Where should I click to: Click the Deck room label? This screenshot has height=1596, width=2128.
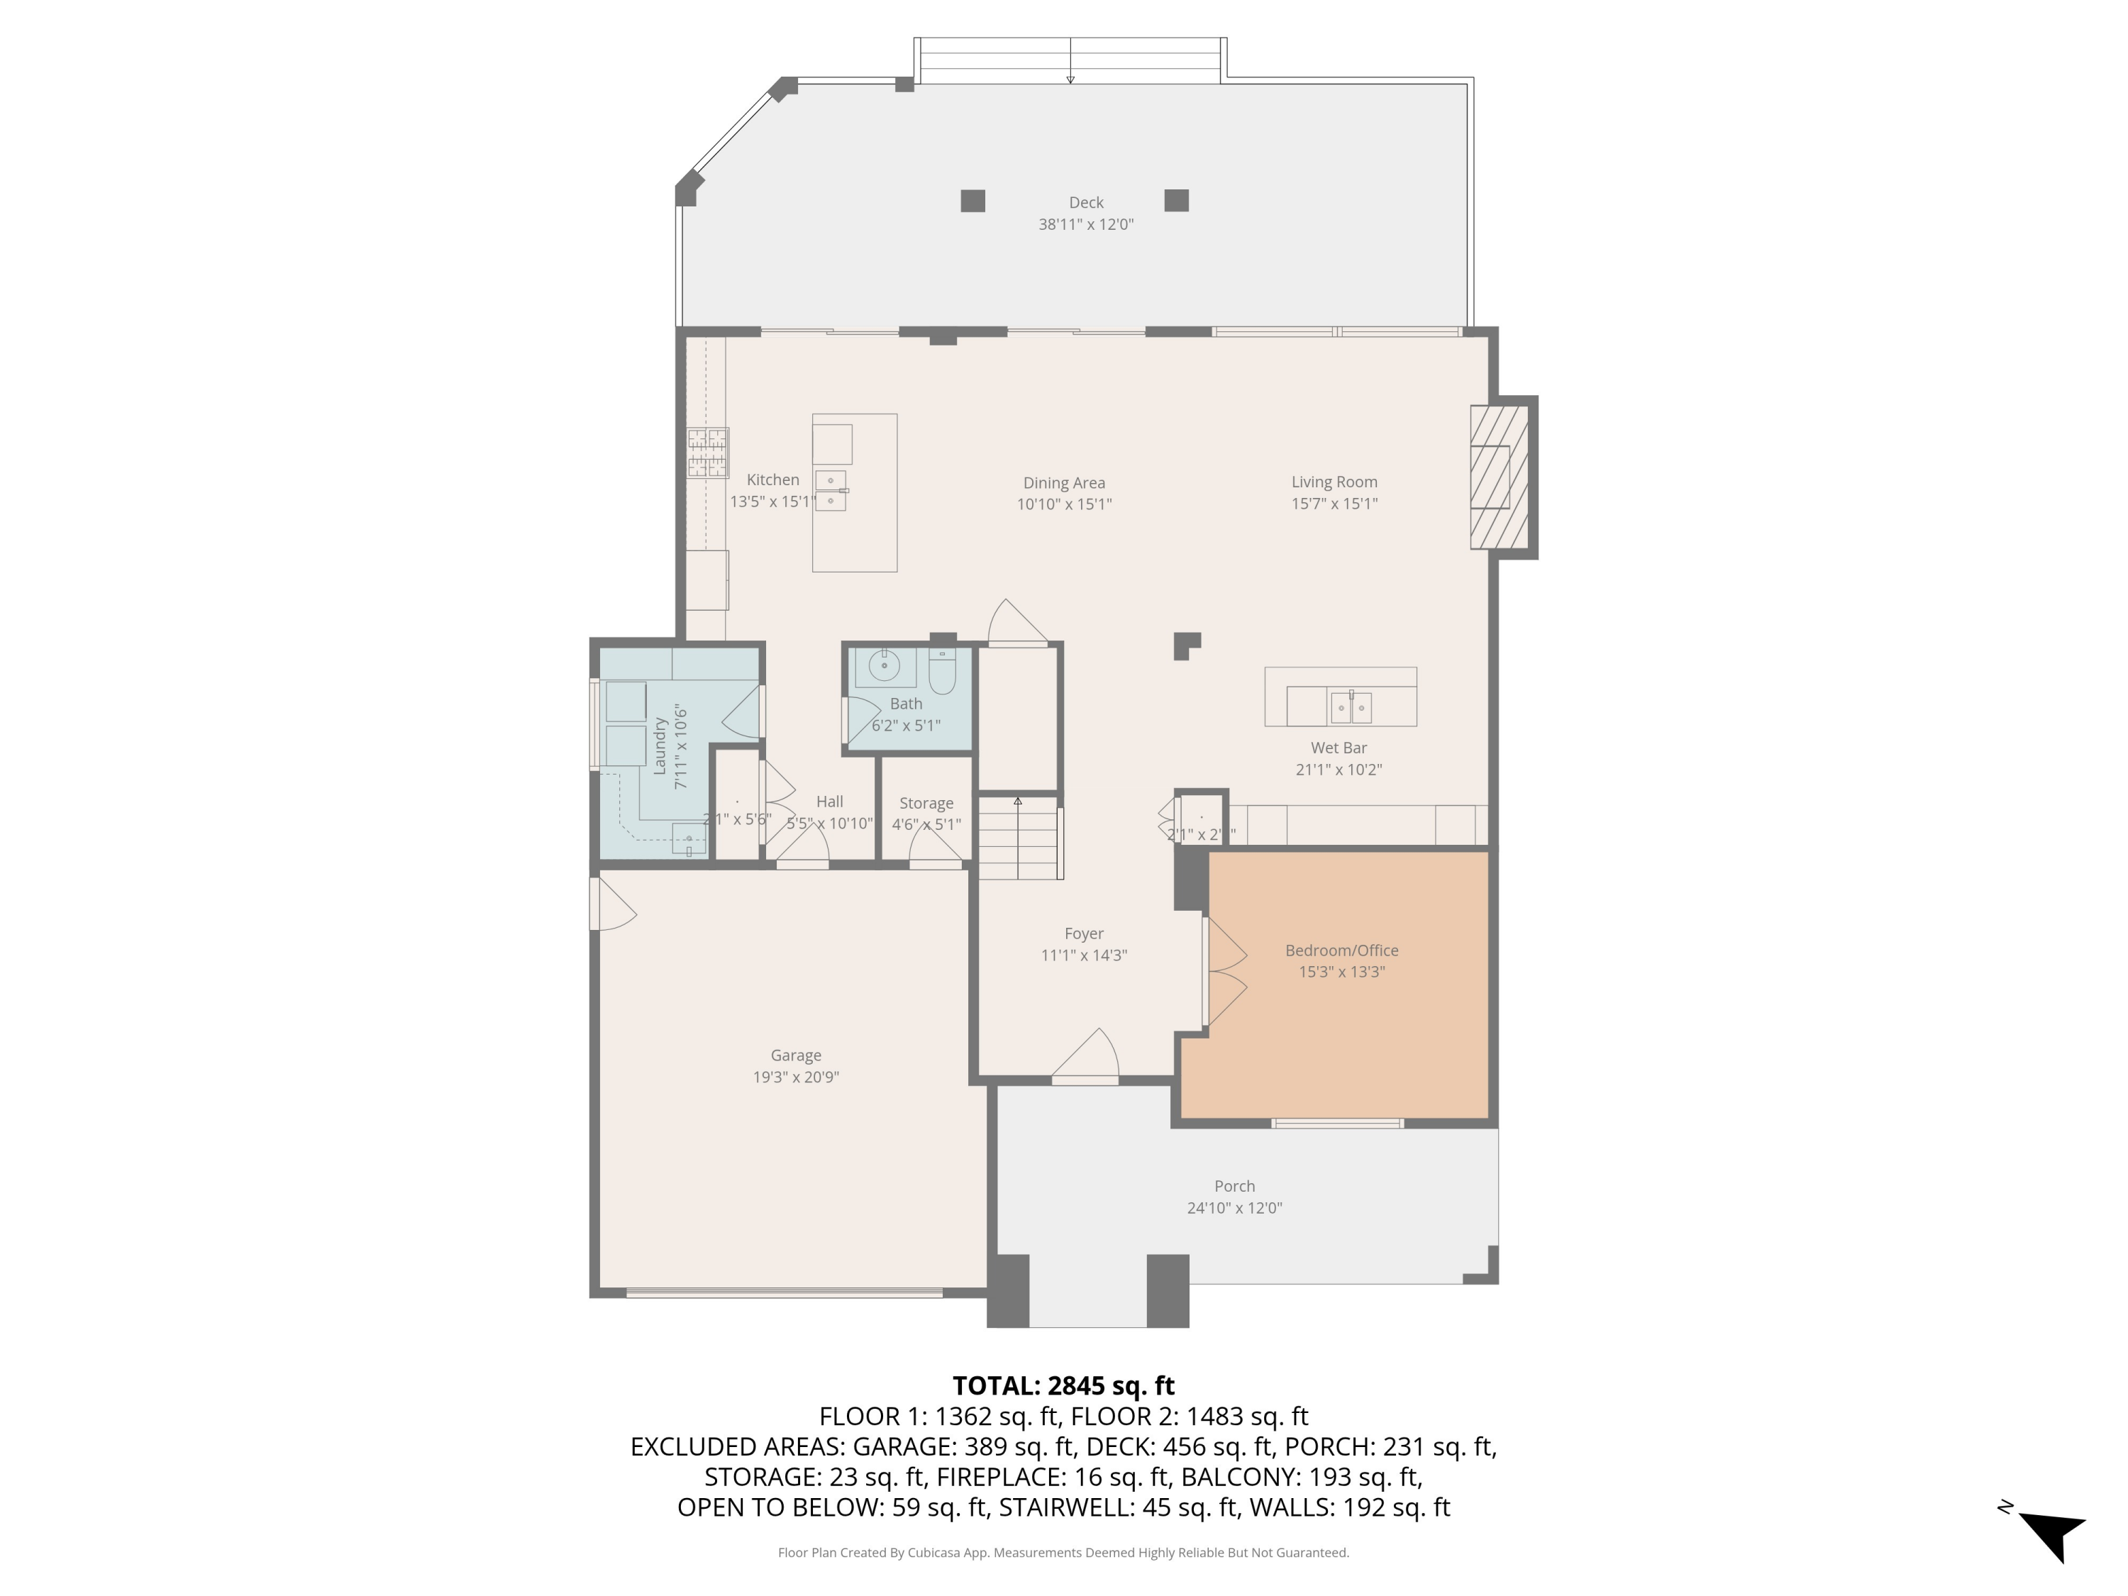[x=1086, y=203]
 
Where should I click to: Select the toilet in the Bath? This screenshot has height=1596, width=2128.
[x=942, y=672]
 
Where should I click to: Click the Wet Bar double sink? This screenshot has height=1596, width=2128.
[x=1351, y=707]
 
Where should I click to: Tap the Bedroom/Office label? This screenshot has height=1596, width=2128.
[x=1341, y=951]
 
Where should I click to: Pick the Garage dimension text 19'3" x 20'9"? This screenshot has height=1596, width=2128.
[x=796, y=1077]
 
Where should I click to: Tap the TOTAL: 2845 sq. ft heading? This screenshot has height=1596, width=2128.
[x=1063, y=1385]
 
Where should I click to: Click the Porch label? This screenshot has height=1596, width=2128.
[x=1234, y=1186]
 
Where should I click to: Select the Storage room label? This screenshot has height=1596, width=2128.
[x=926, y=803]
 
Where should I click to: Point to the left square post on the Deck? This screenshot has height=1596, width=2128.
[x=972, y=201]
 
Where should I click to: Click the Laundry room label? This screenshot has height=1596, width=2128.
[x=660, y=746]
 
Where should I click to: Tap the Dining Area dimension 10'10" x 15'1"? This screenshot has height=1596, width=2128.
[x=1064, y=504]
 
